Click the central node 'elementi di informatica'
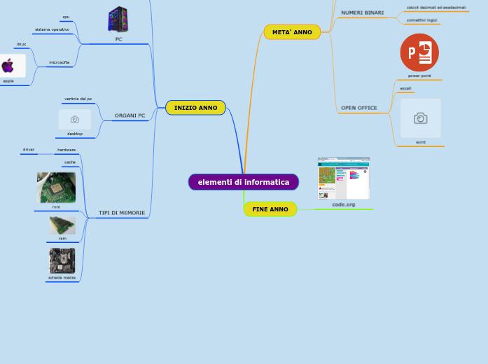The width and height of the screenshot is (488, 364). [x=243, y=182]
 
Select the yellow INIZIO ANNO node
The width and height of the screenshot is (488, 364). [x=195, y=108]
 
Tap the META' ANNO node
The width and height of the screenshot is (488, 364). [x=292, y=32]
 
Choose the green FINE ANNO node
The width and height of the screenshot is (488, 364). [x=270, y=209]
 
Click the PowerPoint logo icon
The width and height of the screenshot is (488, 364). [x=419, y=52]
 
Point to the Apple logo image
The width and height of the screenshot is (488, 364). [x=8, y=66]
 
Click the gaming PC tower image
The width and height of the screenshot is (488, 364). [x=118, y=19]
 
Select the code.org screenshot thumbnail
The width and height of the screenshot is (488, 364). [x=343, y=178]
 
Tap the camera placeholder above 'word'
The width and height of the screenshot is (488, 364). [x=421, y=118]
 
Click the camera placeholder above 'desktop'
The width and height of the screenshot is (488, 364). [x=75, y=120]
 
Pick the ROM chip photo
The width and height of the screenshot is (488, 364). [x=56, y=188]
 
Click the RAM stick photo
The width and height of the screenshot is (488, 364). [x=62, y=225]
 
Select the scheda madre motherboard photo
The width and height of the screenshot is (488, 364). [x=62, y=260]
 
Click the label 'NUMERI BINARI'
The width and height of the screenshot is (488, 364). [x=362, y=13]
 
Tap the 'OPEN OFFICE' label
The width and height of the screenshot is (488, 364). [x=358, y=108]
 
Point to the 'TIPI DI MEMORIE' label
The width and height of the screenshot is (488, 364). [x=122, y=213]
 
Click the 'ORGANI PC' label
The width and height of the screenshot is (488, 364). [x=130, y=115]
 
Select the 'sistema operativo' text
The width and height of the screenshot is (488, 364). [x=53, y=29]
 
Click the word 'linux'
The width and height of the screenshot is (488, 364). [x=22, y=44]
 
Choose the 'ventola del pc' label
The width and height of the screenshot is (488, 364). [x=78, y=99]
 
